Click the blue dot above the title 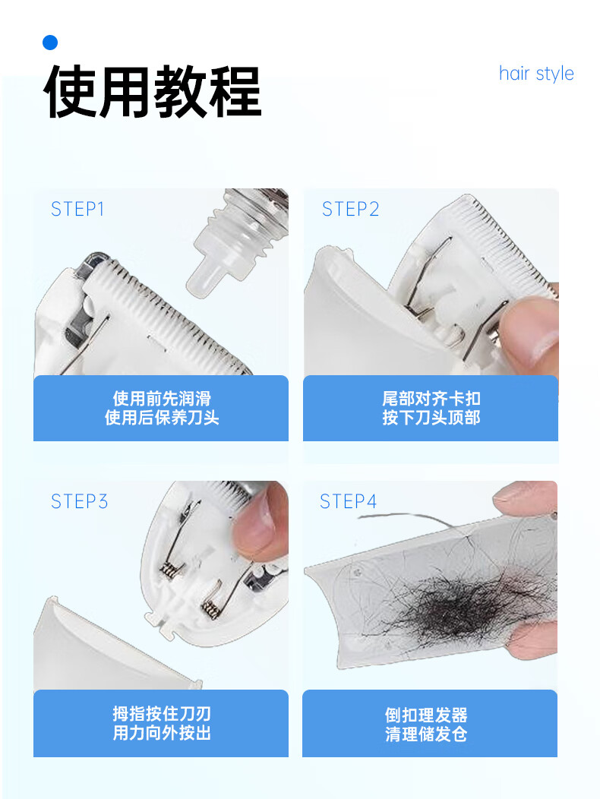click(x=50, y=43)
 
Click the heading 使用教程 click(x=153, y=92)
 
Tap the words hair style click(x=536, y=74)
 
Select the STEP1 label click(x=77, y=209)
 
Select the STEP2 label click(x=350, y=209)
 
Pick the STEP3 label click(x=79, y=501)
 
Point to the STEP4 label click(x=348, y=501)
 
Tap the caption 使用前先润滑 click(x=162, y=399)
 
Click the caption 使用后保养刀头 click(x=162, y=418)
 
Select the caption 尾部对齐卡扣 click(x=431, y=399)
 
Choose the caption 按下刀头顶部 click(x=431, y=418)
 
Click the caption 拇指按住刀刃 click(x=162, y=713)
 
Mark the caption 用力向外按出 click(x=162, y=733)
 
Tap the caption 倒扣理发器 click(x=426, y=715)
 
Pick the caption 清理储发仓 click(x=426, y=734)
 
